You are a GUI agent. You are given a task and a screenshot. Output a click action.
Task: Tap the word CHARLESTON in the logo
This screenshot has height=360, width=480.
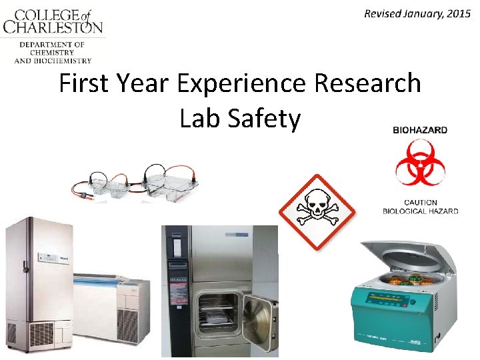pos(53,27)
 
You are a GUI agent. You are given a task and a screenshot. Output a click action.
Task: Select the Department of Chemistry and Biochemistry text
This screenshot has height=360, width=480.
pos(52,52)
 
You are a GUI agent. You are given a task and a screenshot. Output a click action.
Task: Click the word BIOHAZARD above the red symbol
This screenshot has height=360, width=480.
pos(420,131)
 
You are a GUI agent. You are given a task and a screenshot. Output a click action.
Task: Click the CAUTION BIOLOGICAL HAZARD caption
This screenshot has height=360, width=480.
pos(420,207)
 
